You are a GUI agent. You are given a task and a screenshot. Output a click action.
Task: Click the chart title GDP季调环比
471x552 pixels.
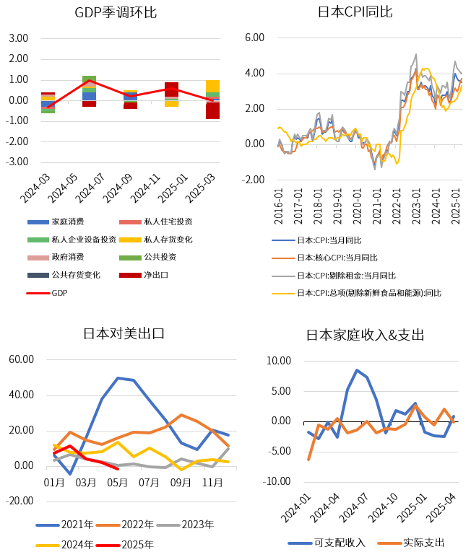point(116,12)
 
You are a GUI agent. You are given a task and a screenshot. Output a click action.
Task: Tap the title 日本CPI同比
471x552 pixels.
point(355,12)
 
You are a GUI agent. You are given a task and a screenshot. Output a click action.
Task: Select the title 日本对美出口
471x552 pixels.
point(124,333)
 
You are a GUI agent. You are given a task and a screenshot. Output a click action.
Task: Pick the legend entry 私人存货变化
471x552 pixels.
point(168,240)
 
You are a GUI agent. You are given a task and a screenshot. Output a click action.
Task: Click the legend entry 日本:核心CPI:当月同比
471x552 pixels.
point(337,258)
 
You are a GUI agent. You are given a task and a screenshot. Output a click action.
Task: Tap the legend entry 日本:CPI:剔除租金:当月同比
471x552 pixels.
point(346,276)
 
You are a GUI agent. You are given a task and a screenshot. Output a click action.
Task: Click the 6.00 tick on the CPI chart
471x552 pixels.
point(256,38)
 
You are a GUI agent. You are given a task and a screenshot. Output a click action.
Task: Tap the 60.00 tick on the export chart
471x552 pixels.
point(21,359)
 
